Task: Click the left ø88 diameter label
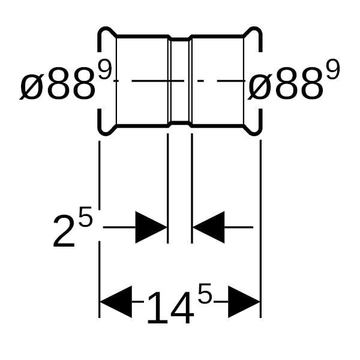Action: coord(58,83)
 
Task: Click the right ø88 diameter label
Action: coord(286,83)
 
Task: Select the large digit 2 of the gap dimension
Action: coord(64,232)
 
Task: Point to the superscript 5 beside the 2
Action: coord(85,216)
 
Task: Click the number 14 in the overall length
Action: coord(170,308)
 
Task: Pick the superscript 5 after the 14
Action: coord(204,293)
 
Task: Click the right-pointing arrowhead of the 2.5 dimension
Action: coord(151,227)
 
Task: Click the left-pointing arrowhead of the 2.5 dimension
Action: coord(208,227)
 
